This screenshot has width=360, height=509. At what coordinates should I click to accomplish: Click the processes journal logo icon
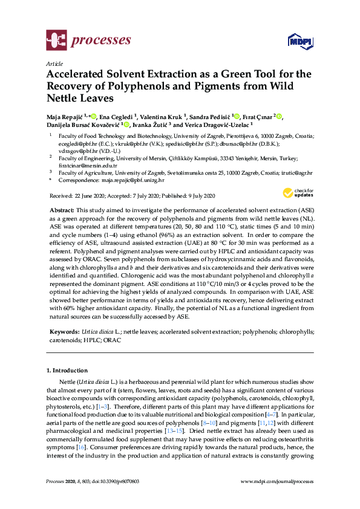tap(56, 41)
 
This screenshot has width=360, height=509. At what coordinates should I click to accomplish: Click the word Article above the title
tap(54, 63)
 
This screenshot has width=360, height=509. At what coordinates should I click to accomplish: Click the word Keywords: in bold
tap(65, 332)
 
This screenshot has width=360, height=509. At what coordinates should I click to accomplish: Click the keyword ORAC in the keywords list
tap(112, 340)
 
